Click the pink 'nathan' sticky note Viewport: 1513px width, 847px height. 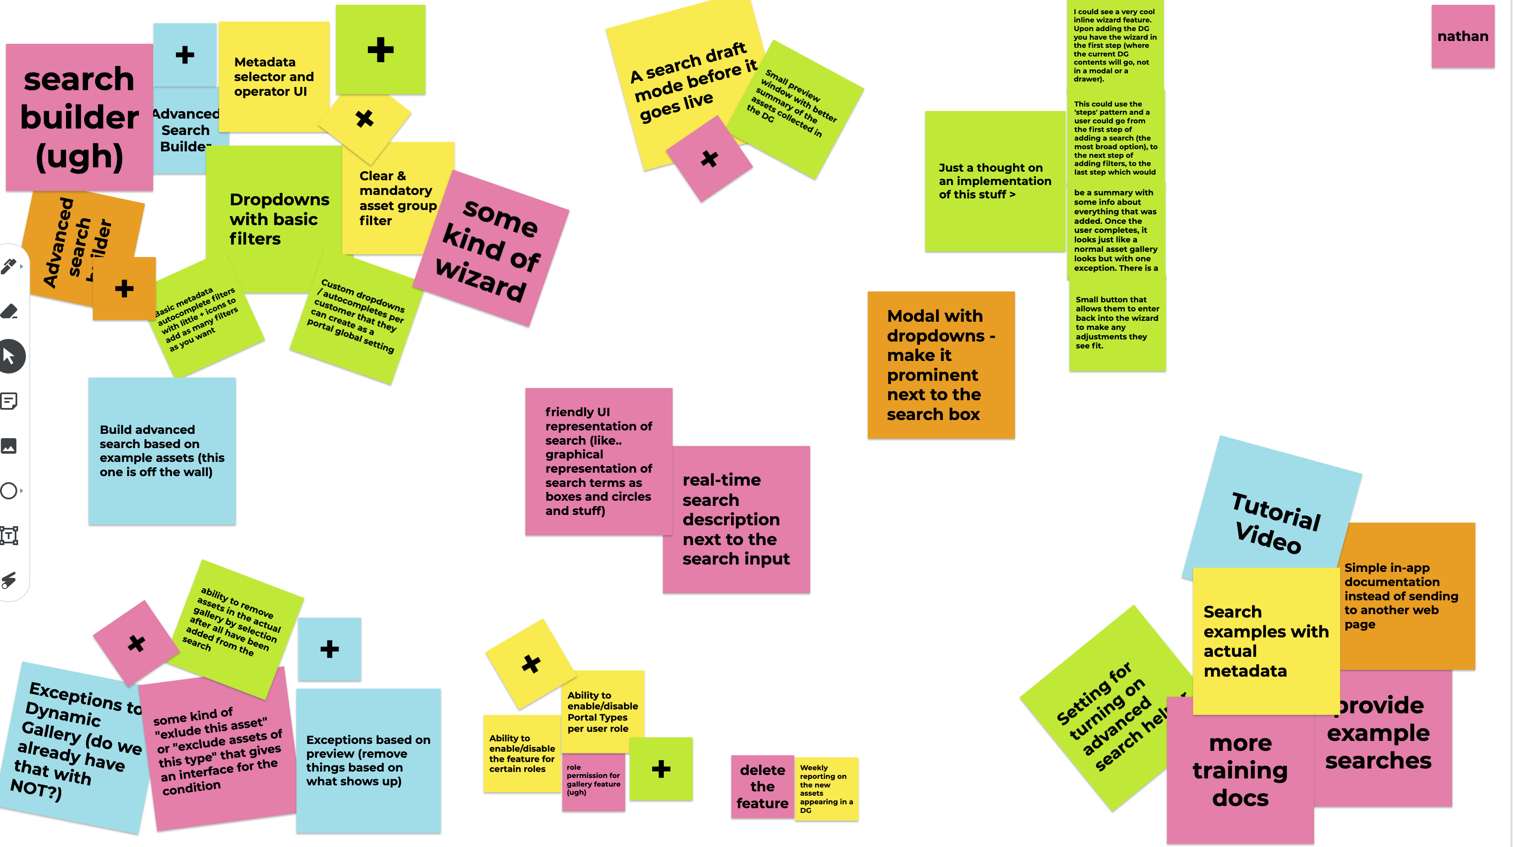tap(1463, 36)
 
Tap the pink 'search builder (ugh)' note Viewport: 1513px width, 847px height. tap(79, 117)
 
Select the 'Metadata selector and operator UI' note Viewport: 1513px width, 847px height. tap(273, 76)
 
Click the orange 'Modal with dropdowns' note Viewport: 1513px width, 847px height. tap(941, 365)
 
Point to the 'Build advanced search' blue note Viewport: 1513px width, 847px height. tap(161, 451)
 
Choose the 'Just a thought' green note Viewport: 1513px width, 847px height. tap(995, 181)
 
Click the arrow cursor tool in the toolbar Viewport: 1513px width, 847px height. tap(9, 356)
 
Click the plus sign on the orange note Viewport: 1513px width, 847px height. tap(124, 289)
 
